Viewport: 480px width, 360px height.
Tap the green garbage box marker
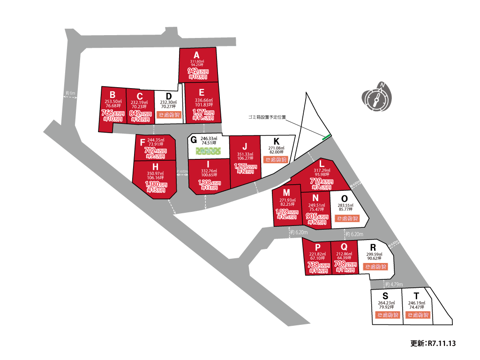click(x=327, y=137)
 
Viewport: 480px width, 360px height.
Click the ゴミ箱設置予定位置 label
click(x=267, y=117)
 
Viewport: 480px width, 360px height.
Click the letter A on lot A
click(x=197, y=55)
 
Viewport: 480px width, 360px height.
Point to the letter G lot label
click(x=193, y=139)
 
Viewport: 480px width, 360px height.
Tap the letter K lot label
click(x=277, y=141)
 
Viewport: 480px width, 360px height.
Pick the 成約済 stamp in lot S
click(x=386, y=315)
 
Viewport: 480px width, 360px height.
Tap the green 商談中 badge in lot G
click(x=208, y=151)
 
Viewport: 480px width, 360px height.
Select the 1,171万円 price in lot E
click(x=202, y=113)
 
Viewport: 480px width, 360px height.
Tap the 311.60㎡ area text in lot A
click(x=197, y=61)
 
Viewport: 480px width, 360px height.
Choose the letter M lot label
click(x=287, y=193)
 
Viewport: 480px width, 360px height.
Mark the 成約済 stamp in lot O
click(x=347, y=218)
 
